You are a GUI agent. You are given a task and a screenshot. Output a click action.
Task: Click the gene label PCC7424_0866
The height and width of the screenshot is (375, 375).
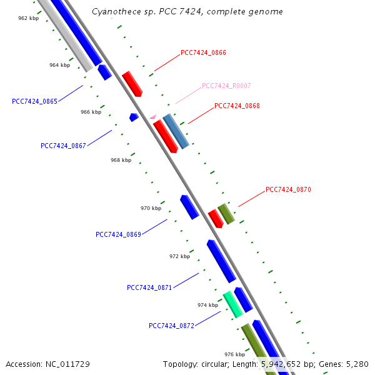pos(203,53)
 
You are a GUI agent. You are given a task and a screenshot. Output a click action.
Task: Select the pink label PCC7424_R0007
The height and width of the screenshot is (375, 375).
pos(226,86)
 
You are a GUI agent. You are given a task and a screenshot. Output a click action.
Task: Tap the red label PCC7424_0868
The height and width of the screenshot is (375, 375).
pos(237,106)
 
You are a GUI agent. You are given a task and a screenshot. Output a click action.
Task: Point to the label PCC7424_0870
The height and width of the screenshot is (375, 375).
pos(288,189)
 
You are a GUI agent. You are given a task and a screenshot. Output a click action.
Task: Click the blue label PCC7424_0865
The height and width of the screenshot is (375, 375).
pos(34,101)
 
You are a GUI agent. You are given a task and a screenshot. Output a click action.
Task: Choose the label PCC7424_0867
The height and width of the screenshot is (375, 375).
pos(63,146)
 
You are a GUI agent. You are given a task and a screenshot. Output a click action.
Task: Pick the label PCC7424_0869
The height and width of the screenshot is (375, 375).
pos(118,234)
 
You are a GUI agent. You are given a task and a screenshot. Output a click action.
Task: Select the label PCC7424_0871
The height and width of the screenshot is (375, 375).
pos(149,287)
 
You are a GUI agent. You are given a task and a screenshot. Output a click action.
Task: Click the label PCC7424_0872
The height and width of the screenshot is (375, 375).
pos(171,326)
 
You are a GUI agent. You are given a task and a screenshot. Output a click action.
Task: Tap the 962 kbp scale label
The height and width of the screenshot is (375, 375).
pos(28,19)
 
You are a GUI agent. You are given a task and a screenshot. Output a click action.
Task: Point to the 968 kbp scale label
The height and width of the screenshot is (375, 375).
pos(121,160)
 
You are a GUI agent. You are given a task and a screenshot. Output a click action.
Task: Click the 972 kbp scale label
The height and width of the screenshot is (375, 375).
pos(179,256)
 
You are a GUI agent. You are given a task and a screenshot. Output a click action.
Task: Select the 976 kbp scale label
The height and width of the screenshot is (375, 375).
pos(234,354)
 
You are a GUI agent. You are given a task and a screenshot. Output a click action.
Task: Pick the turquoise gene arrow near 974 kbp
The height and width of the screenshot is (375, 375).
pos(233,304)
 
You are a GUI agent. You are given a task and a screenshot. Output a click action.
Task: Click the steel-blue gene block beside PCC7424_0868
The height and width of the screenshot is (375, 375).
pos(176,131)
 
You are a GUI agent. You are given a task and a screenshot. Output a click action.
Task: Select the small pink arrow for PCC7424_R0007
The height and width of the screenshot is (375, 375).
pos(152,116)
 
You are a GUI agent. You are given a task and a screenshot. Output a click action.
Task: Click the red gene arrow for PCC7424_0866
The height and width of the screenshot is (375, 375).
pos(132,83)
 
